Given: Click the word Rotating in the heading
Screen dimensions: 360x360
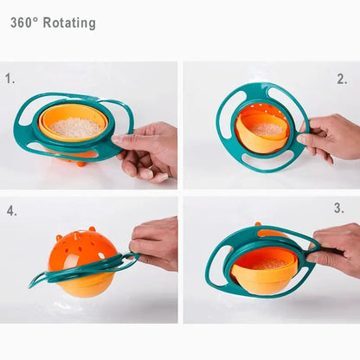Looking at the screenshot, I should pyautogui.click(x=69, y=23).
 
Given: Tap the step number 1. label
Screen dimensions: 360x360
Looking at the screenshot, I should pyautogui.click(x=10, y=78).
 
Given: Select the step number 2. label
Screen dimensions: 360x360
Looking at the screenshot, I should pyautogui.click(x=342, y=79).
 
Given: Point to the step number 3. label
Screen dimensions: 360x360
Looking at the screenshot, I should pyautogui.click(x=339, y=209).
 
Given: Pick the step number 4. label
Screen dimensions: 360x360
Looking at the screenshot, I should pyautogui.click(x=12, y=210).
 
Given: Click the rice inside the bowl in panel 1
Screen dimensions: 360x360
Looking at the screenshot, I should pyautogui.click(x=76, y=126).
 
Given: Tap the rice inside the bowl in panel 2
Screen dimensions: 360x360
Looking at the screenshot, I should pyautogui.click(x=267, y=128).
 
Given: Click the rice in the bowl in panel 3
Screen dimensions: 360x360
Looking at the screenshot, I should pyautogui.click(x=263, y=263).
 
